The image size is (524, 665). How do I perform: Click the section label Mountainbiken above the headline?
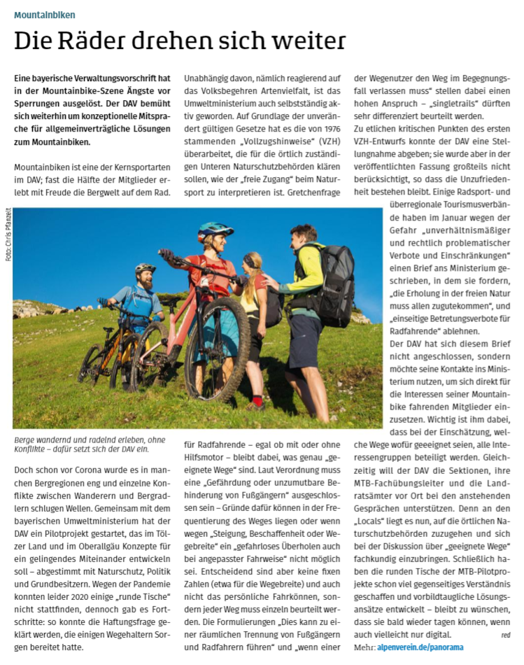[x=45, y=14]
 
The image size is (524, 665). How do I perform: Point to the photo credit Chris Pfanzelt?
[x=8, y=235]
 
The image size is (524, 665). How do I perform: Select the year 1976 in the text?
[x=327, y=129]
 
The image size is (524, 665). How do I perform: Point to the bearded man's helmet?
[x=145, y=268]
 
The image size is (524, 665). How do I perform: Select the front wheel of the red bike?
[x=217, y=347]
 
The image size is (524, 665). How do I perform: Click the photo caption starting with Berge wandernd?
[x=87, y=444]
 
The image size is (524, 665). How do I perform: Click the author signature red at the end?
[x=505, y=634]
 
